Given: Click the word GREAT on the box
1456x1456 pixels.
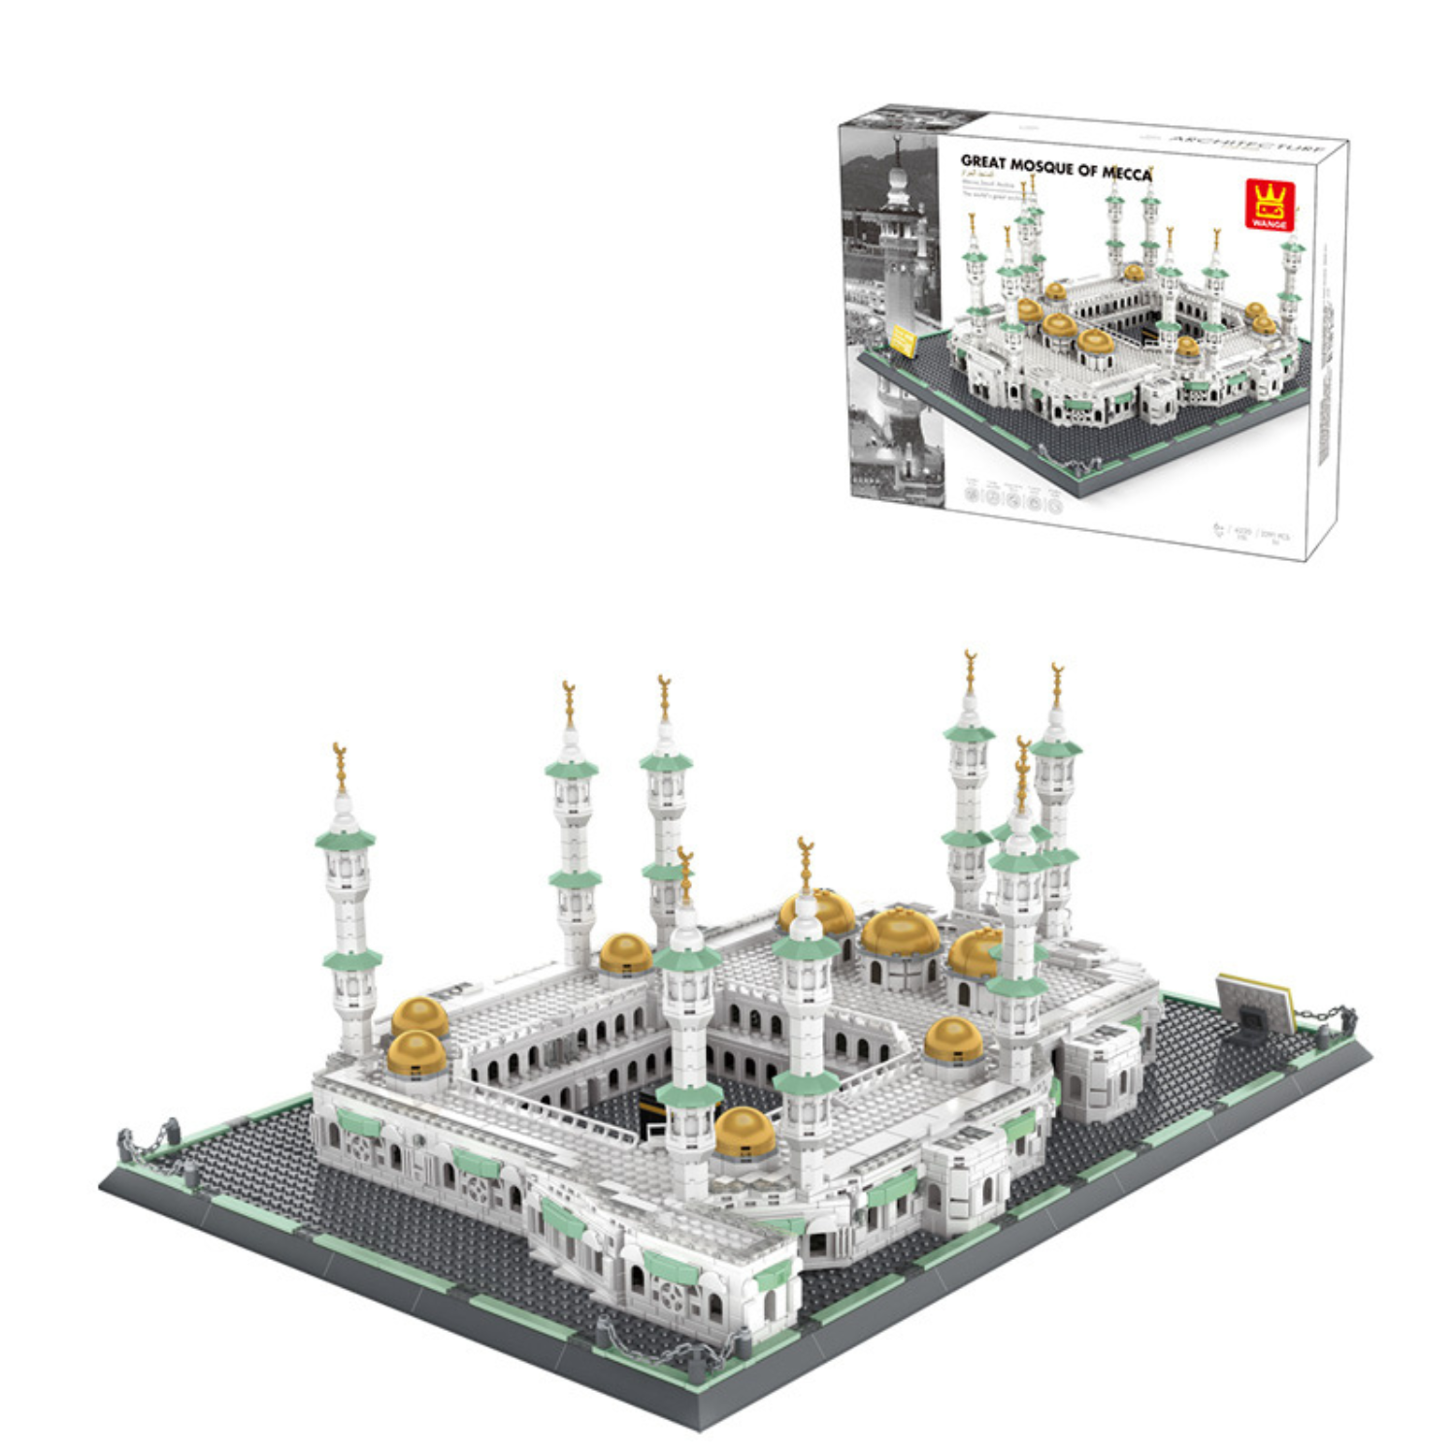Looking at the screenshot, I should click(982, 162).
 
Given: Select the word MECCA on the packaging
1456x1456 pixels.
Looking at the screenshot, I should click(1126, 174).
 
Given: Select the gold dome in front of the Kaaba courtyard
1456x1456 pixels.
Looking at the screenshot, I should click(745, 1132).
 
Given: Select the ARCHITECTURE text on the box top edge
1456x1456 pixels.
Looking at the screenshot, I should click(1247, 146).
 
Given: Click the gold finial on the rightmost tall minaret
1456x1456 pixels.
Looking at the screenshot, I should click(1057, 684).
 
